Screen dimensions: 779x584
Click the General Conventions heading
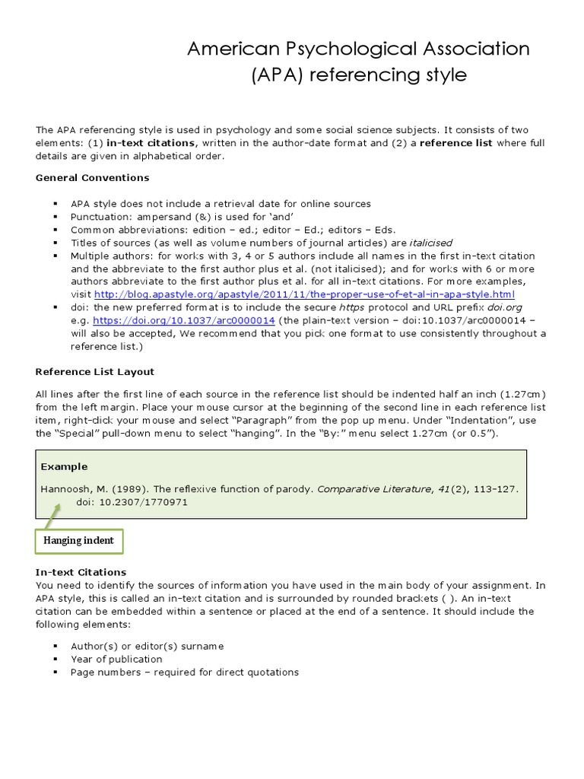click(92, 177)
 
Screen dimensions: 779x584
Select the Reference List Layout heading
click(95, 371)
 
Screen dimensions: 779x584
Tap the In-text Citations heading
click(81, 572)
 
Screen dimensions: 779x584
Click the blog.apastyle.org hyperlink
click(304, 294)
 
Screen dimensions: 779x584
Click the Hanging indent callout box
click(79, 541)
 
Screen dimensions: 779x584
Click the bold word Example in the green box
click(64, 466)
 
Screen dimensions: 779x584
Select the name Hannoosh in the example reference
click(63, 489)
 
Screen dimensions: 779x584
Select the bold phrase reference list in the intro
click(455, 143)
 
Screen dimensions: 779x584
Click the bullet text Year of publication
click(116, 659)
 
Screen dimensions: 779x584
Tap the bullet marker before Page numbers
click(56, 672)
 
